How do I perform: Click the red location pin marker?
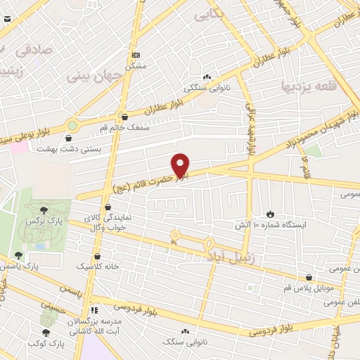(181, 165)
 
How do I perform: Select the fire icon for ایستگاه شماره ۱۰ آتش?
(270, 213)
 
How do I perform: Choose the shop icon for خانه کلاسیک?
(97, 256)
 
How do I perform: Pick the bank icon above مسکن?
(136, 55)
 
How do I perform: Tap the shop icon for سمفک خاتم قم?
(124, 117)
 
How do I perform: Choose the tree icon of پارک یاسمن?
(18, 255)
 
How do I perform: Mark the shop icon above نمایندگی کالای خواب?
(108, 207)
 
